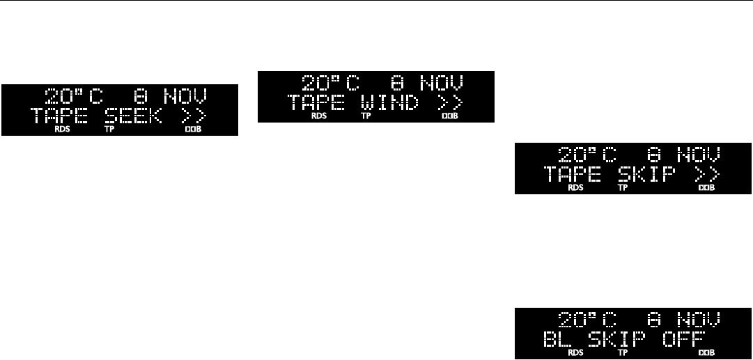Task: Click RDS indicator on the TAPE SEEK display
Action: click(x=62, y=129)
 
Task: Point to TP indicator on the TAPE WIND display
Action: click(x=366, y=117)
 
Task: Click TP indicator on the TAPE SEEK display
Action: click(x=109, y=129)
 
